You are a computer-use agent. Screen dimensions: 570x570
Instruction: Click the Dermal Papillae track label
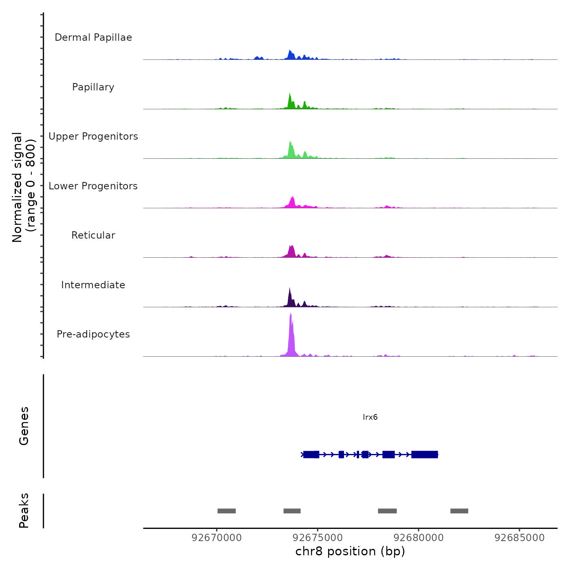(x=93, y=37)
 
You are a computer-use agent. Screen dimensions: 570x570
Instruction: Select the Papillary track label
(x=93, y=87)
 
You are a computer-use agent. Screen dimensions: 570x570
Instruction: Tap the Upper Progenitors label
(x=93, y=136)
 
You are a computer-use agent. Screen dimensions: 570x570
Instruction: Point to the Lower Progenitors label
(x=93, y=186)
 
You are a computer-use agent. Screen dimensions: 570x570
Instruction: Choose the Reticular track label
(x=93, y=235)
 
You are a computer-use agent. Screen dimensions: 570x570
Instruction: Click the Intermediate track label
(x=93, y=285)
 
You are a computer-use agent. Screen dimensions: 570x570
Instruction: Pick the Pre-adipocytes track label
(x=93, y=334)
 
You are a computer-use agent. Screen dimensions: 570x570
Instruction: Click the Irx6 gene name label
(x=370, y=417)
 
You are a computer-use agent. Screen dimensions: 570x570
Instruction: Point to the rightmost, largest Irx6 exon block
(x=425, y=454)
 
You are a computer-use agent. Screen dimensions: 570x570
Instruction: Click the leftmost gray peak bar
(x=226, y=511)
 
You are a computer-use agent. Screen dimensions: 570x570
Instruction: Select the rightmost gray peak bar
(x=459, y=511)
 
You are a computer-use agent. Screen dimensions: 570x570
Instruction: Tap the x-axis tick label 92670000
(x=217, y=538)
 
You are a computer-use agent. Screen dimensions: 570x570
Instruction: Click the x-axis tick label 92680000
(x=419, y=538)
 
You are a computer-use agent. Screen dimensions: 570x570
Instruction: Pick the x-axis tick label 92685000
(x=520, y=538)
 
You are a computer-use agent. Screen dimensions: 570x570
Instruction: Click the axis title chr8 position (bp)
(x=350, y=551)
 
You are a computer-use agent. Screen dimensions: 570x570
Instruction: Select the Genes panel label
(x=24, y=426)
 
